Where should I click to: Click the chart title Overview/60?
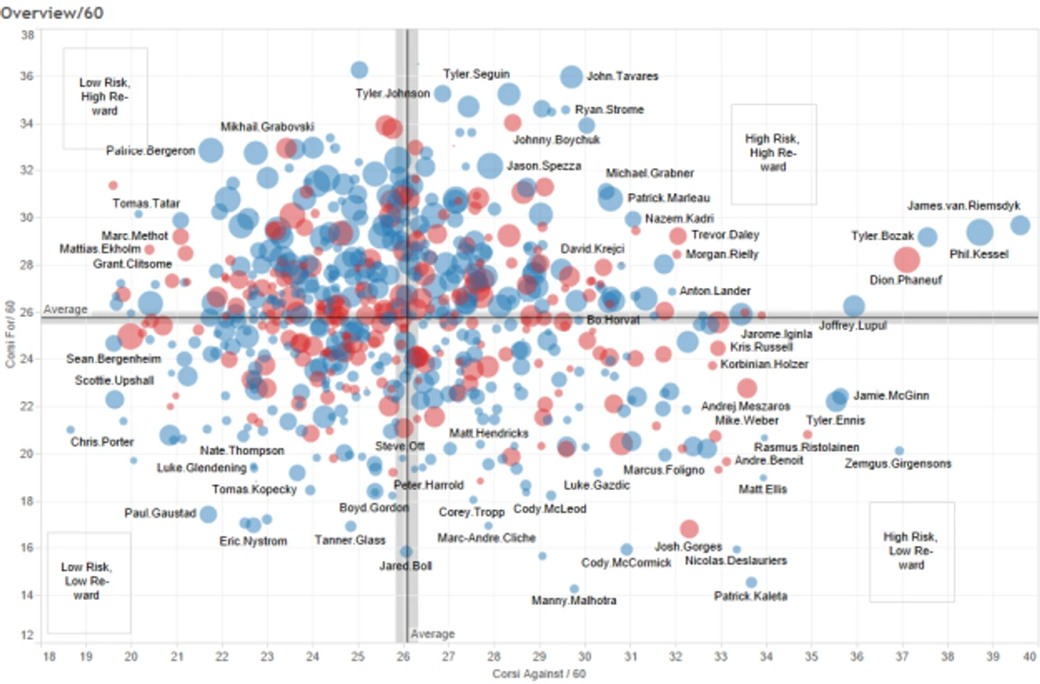(x=51, y=12)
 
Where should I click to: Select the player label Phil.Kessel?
(x=979, y=254)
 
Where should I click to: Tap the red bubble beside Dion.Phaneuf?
(x=906, y=259)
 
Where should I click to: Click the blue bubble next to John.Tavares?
(x=571, y=76)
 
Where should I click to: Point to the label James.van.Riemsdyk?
(x=963, y=206)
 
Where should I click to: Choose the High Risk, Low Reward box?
(x=911, y=551)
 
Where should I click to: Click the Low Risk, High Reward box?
(x=105, y=97)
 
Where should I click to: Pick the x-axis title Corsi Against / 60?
(x=539, y=674)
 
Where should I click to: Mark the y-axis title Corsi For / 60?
(x=10, y=334)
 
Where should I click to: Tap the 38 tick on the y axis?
(x=27, y=35)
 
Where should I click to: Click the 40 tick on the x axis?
(x=1029, y=657)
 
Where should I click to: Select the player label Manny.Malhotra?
(x=573, y=601)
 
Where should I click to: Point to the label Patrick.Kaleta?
(x=750, y=596)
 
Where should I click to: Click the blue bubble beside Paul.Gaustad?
(x=208, y=514)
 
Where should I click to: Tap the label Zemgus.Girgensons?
(x=898, y=464)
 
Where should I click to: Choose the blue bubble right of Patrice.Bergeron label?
(x=211, y=150)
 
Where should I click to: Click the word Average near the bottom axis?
(x=432, y=634)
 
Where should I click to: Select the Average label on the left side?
(x=66, y=309)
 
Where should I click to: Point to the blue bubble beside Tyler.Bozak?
(x=927, y=237)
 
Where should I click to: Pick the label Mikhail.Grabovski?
(x=267, y=127)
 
